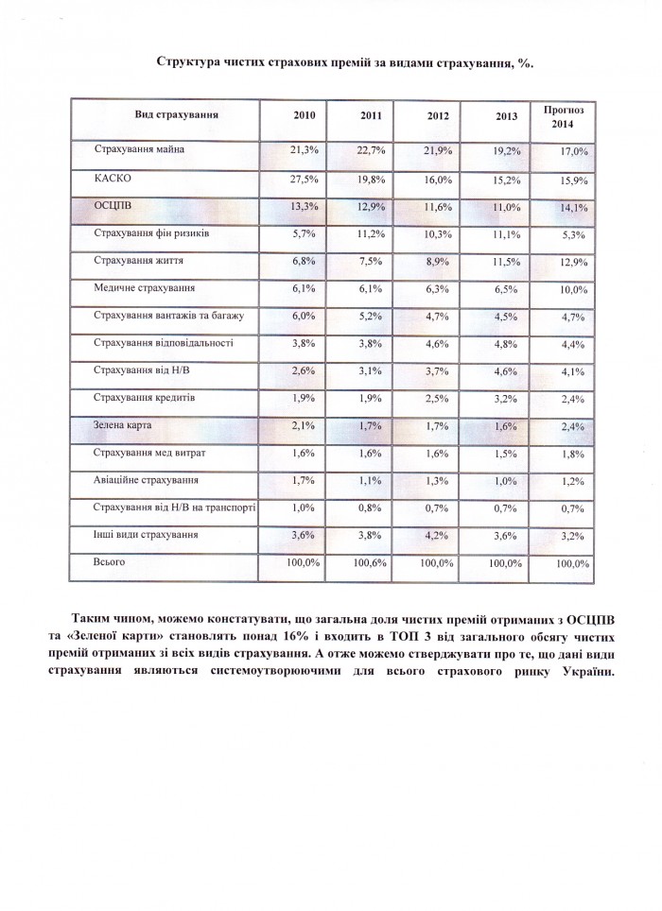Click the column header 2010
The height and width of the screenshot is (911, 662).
click(305, 114)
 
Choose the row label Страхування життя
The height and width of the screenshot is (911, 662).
click(138, 261)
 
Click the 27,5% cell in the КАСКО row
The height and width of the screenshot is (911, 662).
click(304, 179)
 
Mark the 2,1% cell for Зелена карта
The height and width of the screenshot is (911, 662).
click(305, 426)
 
